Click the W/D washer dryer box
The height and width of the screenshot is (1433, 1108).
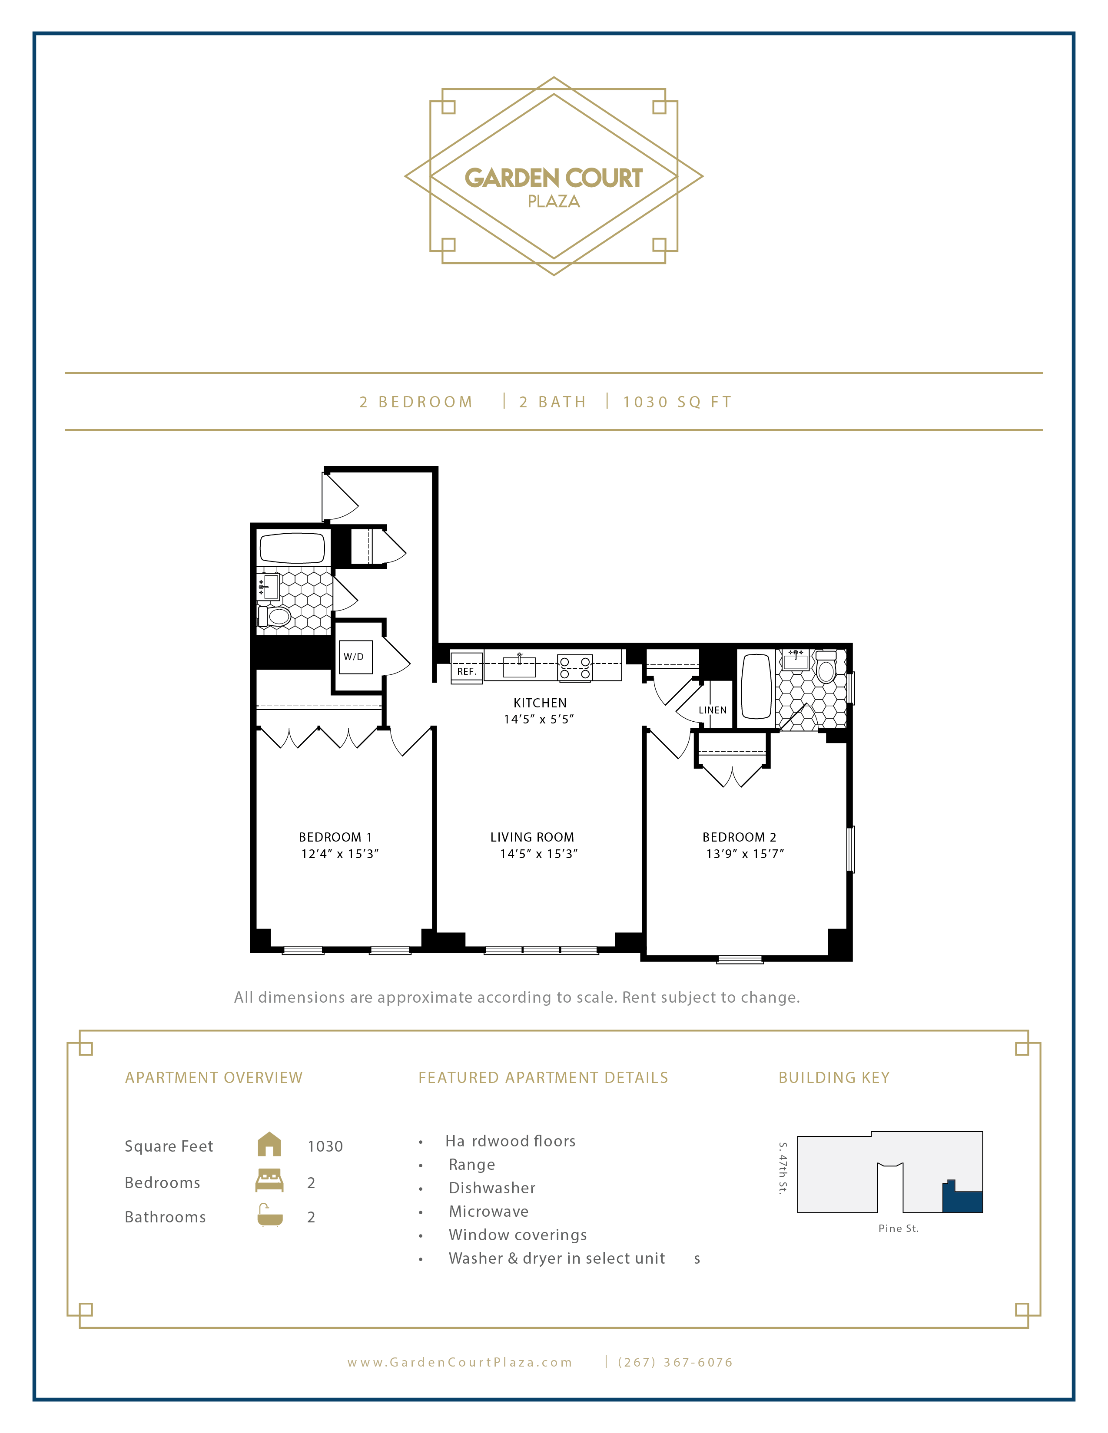[x=355, y=657]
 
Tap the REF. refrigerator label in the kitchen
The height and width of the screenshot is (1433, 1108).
[x=466, y=671]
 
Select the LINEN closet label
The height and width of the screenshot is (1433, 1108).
[x=712, y=710]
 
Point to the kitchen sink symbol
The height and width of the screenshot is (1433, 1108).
[x=519, y=667]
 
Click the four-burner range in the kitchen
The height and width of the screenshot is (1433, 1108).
[x=574, y=668]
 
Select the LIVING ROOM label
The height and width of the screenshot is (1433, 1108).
[x=532, y=837]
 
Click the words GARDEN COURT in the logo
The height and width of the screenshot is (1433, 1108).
[x=553, y=178]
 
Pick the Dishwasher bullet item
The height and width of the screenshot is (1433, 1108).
[x=491, y=1188]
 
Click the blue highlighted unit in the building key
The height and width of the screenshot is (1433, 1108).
[x=962, y=1200]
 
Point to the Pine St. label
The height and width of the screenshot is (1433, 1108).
[x=898, y=1228]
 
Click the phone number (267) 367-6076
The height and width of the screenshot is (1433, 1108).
[x=675, y=1362]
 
